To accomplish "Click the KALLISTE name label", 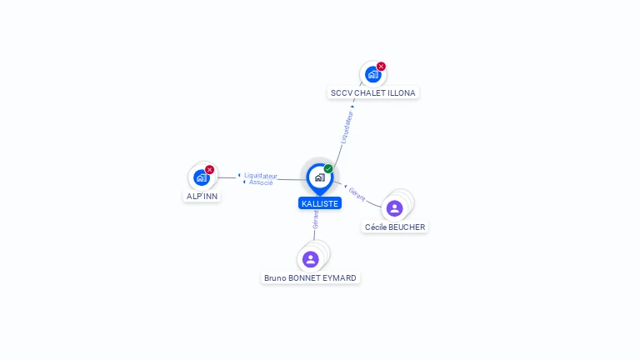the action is (320, 203).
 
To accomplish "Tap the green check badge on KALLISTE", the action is (328, 168).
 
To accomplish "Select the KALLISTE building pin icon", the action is (320, 178).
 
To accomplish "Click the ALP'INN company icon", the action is (201, 178).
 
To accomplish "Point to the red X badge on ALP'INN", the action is (210, 169).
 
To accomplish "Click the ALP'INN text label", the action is (202, 197).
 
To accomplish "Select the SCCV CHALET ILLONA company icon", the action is (372, 75).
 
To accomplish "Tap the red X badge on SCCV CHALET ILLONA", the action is (381, 66).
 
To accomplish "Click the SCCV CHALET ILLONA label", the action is (373, 93).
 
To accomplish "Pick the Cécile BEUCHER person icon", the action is (395, 208).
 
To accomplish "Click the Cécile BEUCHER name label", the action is (395, 227).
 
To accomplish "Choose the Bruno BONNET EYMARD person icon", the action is (311, 259).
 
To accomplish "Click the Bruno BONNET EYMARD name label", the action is (310, 278).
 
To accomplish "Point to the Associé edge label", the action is (261, 182).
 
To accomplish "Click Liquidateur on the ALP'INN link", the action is (261, 176).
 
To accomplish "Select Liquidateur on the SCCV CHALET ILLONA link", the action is (347, 127).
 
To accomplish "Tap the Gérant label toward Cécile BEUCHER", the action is (357, 194).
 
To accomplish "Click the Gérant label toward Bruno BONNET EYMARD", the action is (316, 220).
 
